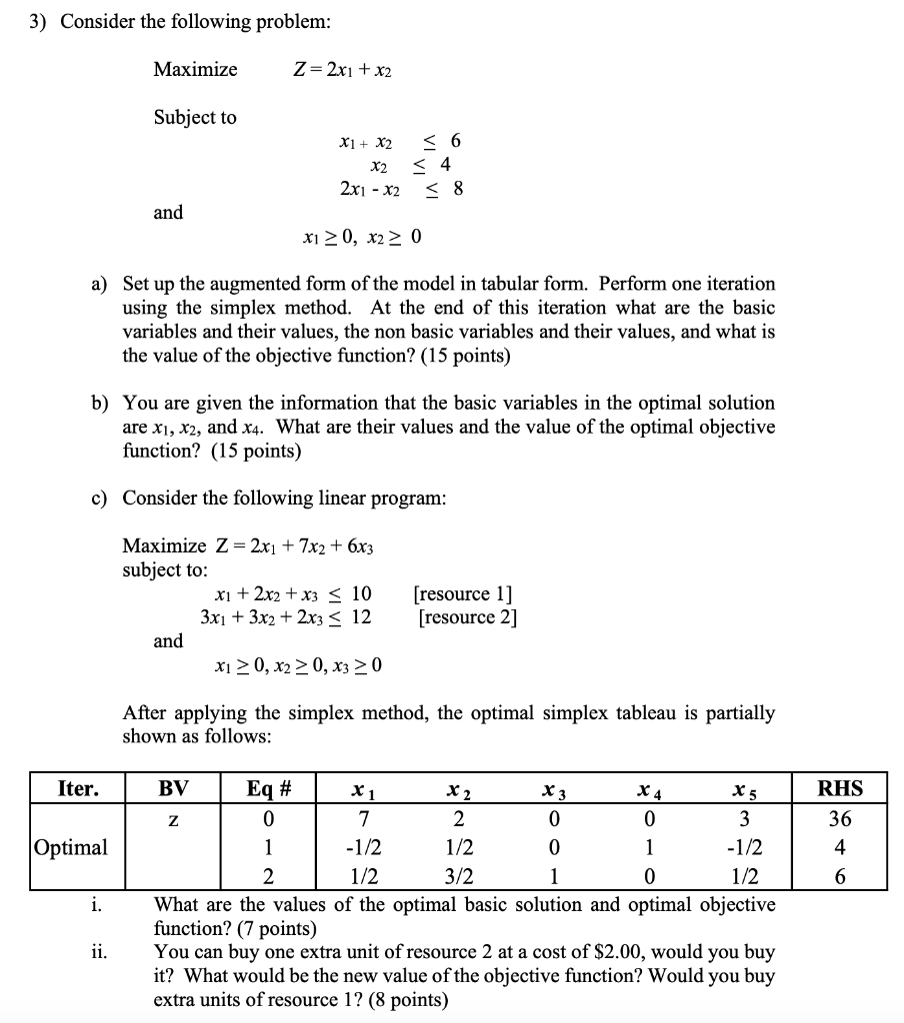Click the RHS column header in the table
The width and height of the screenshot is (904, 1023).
click(839, 788)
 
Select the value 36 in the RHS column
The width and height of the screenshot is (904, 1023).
click(840, 819)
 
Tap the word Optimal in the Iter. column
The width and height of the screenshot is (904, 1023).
click(69, 847)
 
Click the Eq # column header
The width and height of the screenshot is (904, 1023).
click(269, 788)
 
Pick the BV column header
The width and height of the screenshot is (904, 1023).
click(174, 788)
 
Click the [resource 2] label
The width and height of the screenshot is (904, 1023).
click(467, 617)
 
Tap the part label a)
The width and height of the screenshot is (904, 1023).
click(100, 284)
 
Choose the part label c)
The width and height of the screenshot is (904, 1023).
click(100, 498)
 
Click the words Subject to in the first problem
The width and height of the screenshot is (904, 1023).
click(195, 117)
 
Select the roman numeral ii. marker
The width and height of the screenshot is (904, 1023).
click(97, 952)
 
